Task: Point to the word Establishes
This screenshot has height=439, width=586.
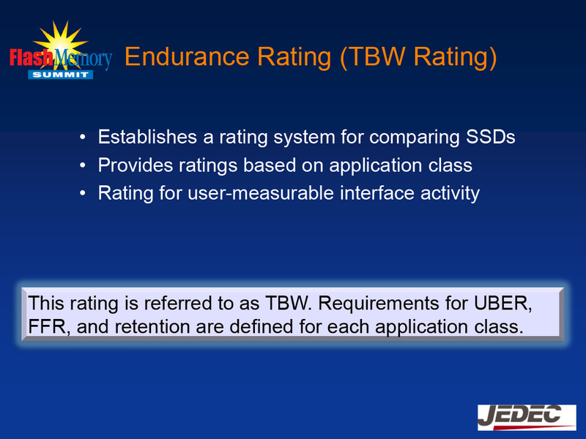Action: click(141, 137)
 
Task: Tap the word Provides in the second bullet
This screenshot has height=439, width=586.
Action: click(133, 165)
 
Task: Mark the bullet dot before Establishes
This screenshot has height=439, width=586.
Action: click(84, 138)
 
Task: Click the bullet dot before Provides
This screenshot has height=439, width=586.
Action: click(84, 166)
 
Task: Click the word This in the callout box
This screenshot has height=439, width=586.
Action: click(45, 302)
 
